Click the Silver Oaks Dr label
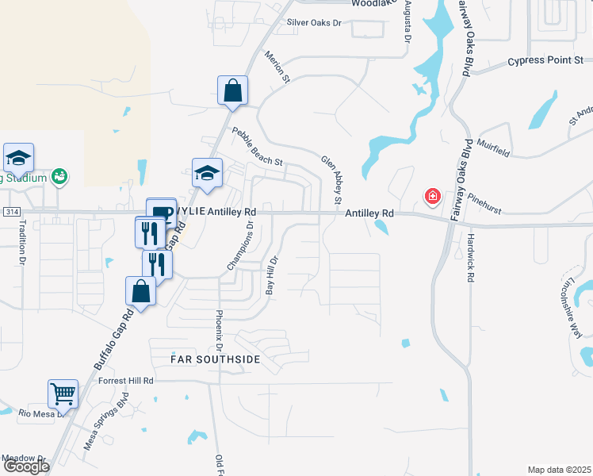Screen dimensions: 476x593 (x=314, y=23)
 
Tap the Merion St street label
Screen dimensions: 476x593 (x=278, y=67)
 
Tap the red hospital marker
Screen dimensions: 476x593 (x=433, y=195)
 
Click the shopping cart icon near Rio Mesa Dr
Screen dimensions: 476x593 (x=63, y=392)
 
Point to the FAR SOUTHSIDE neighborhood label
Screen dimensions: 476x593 (x=216, y=359)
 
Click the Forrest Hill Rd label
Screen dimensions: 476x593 (x=125, y=381)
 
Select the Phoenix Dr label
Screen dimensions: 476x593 (x=216, y=331)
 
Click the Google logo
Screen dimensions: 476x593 (x=25, y=466)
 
